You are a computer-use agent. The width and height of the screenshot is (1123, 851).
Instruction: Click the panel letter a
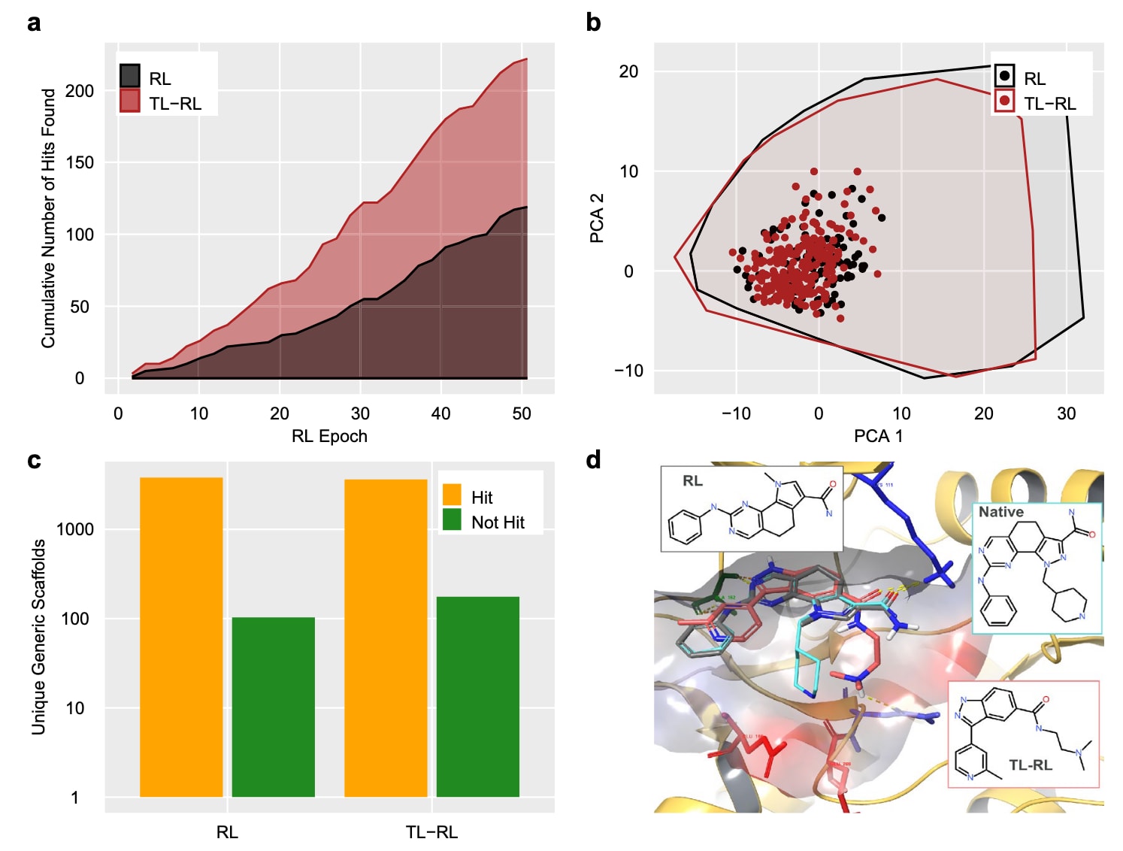click(34, 23)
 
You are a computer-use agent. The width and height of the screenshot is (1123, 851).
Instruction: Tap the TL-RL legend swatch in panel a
click(130, 101)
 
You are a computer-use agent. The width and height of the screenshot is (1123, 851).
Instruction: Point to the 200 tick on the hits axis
click(80, 91)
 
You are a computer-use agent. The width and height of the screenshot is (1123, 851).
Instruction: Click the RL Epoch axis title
click(329, 436)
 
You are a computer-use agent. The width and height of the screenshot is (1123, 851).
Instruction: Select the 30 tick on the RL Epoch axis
click(360, 413)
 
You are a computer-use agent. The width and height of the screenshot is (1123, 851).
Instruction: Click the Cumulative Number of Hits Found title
click(49, 218)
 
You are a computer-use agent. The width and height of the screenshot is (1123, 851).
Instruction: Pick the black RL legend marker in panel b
click(1004, 76)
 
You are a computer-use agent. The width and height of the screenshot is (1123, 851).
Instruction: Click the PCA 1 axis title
click(878, 436)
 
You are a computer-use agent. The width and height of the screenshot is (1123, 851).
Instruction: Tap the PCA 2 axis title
click(598, 218)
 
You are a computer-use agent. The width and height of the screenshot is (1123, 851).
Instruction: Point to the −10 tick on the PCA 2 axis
click(628, 371)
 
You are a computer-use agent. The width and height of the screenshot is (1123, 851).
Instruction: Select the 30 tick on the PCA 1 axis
click(1066, 413)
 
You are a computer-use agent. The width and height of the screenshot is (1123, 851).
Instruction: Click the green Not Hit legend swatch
click(452, 519)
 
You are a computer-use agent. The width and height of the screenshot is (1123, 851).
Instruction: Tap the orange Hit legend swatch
click(452, 495)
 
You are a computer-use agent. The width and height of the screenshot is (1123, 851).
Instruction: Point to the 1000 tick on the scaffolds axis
click(75, 529)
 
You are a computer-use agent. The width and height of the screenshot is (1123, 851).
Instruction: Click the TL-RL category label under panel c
click(431, 832)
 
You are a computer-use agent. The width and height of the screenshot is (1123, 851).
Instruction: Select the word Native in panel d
click(1000, 512)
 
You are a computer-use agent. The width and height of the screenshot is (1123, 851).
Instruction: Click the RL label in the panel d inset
click(692, 481)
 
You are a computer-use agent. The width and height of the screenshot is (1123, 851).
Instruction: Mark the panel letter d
click(593, 460)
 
